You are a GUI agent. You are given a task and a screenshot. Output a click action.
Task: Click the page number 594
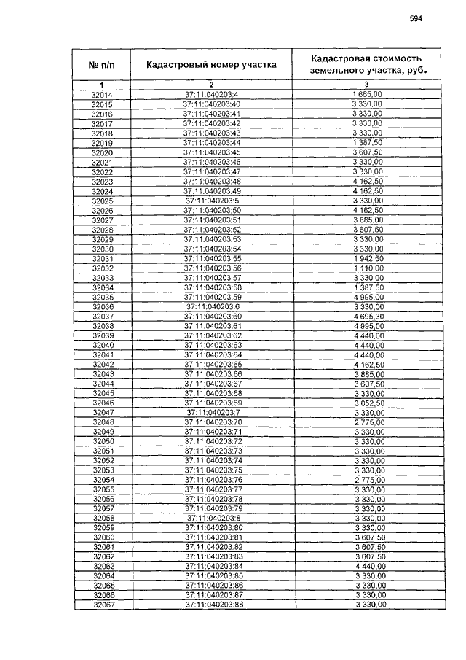(416, 19)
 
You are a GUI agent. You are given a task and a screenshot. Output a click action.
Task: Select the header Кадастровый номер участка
(211, 65)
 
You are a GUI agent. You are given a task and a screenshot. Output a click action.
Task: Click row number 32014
(102, 96)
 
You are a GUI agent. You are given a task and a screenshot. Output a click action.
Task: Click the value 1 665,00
(368, 96)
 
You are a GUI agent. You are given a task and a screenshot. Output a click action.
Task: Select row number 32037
(103, 317)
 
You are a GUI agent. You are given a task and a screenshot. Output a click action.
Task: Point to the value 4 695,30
(368, 317)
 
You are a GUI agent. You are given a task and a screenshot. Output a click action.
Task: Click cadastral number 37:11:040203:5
(213, 201)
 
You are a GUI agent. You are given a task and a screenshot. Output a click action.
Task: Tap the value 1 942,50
(368, 258)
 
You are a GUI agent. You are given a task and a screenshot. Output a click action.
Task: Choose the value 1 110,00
(368, 268)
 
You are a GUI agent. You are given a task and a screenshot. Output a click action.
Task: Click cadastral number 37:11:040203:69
(213, 403)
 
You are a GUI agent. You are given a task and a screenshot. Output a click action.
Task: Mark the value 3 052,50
(368, 403)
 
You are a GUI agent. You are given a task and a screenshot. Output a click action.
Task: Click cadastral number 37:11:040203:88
(213, 605)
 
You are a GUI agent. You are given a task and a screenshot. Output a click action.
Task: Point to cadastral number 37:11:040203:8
(213, 518)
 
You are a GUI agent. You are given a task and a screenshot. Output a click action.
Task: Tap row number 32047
(103, 412)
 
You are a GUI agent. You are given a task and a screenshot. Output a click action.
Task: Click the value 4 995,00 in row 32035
(368, 297)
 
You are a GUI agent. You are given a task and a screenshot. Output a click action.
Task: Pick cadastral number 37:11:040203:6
(213, 306)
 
